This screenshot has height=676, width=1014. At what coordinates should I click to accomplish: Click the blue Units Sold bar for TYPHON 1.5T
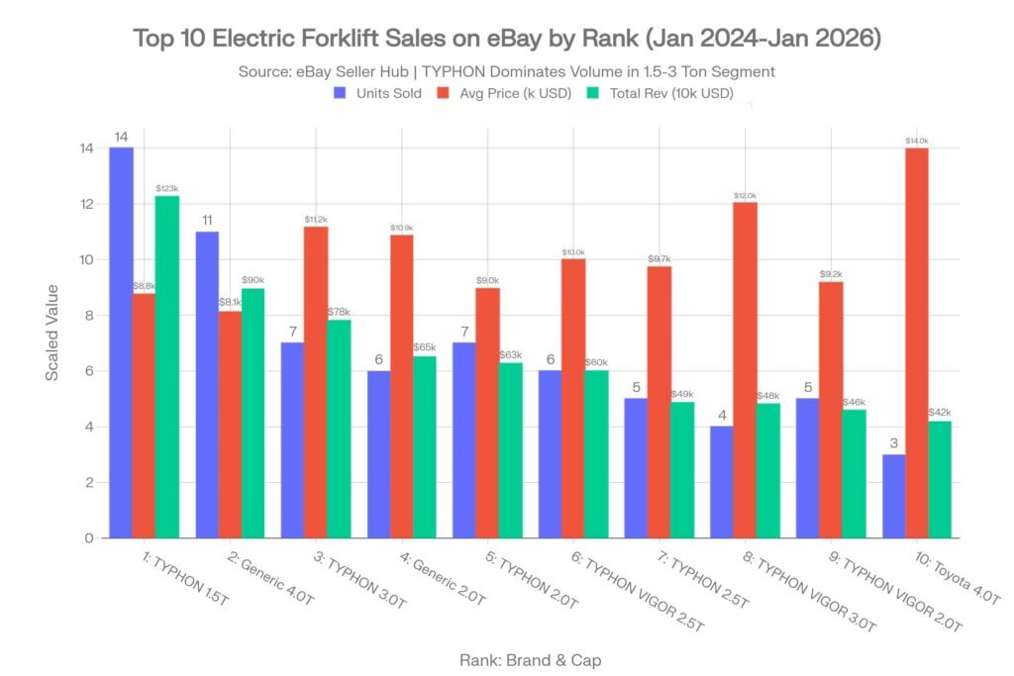coord(122,341)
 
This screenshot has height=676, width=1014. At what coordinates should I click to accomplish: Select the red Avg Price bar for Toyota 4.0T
coord(916,342)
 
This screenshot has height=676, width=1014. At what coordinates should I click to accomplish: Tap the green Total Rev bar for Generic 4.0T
coord(253,413)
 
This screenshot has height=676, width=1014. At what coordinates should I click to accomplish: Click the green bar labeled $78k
coord(339,429)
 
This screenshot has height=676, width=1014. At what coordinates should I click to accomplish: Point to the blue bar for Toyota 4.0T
coord(893,496)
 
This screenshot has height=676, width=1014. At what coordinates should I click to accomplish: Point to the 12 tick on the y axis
coord(87,204)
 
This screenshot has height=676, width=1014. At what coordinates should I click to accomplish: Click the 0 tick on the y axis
coord(89,538)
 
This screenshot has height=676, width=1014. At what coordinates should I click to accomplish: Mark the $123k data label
coord(166,188)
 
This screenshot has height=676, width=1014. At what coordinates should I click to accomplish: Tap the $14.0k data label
coord(916,141)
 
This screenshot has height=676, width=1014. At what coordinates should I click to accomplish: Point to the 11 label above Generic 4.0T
coord(208,220)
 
